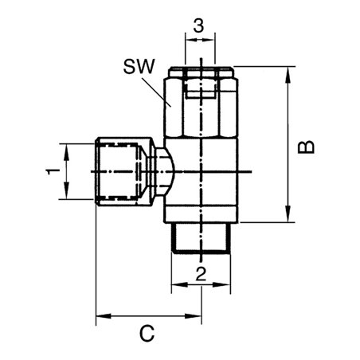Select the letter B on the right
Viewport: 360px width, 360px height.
tap(305, 147)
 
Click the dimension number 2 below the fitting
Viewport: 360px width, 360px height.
tap(200, 275)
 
